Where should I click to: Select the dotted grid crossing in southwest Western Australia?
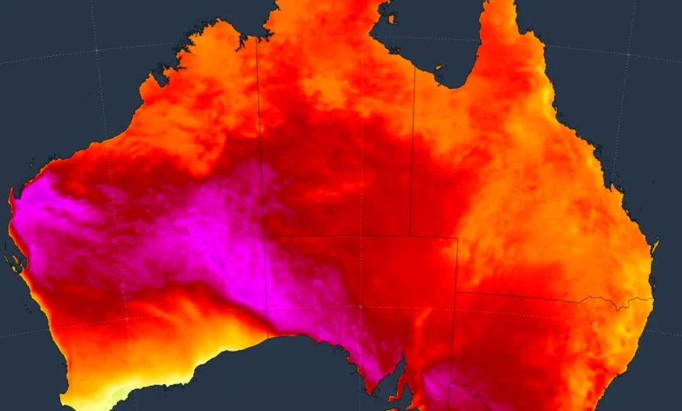click(125, 318)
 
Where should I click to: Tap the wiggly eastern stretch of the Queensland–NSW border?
click(616, 303)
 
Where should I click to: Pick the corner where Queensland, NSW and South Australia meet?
click(456, 292)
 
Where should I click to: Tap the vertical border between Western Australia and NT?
click(260, 131)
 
